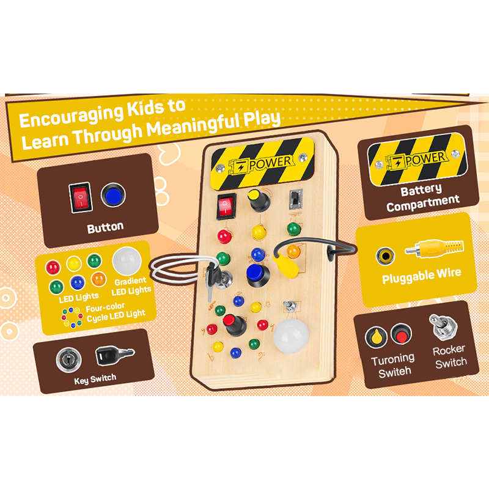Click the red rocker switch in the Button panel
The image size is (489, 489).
click(x=80, y=197)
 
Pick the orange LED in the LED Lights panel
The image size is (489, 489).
click(x=98, y=280)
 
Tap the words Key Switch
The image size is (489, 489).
click(x=95, y=379)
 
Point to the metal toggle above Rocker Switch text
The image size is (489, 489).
click(x=442, y=326)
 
